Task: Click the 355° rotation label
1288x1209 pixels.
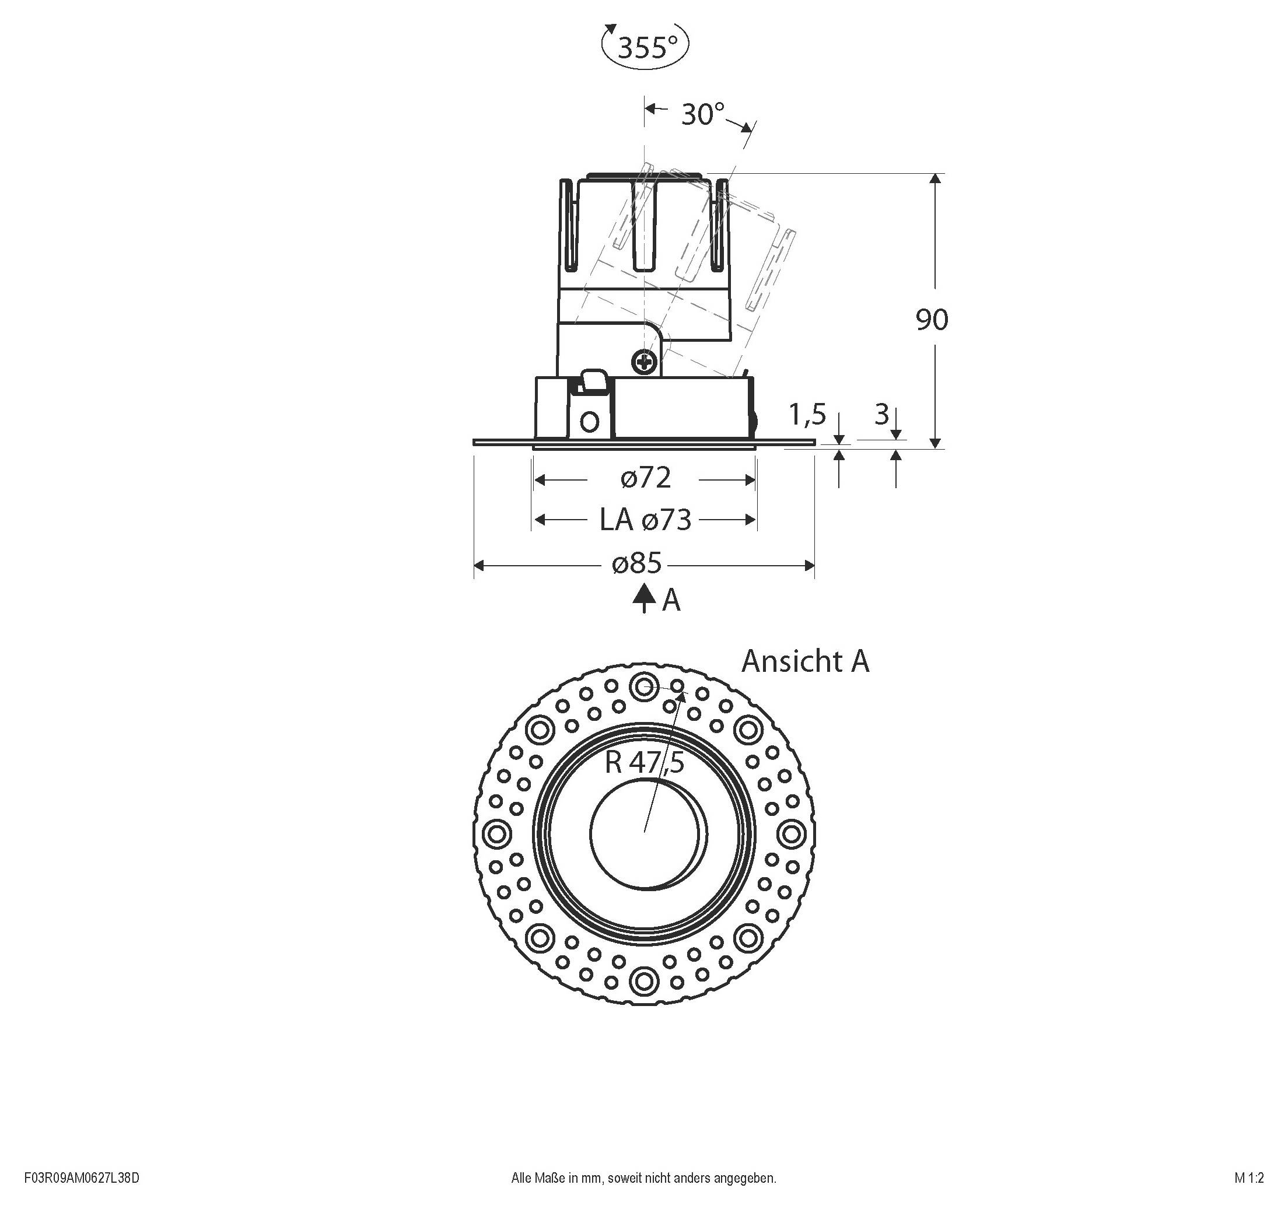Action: [646, 47]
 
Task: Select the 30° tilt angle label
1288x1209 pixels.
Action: [702, 115]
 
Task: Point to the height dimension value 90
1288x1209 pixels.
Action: [932, 320]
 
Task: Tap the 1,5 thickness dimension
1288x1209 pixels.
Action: [807, 415]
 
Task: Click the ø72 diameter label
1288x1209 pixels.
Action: [645, 478]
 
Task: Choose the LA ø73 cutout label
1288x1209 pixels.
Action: [645, 520]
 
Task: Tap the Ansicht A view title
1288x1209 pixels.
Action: [804, 661]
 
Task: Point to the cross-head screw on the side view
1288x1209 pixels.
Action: [645, 362]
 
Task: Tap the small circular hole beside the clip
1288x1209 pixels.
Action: [590, 422]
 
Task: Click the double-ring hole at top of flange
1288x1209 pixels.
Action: [644, 687]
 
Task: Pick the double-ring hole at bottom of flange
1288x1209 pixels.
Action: [644, 981]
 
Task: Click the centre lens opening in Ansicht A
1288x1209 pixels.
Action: [645, 834]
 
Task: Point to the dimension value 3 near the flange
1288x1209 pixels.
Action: [881, 415]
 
